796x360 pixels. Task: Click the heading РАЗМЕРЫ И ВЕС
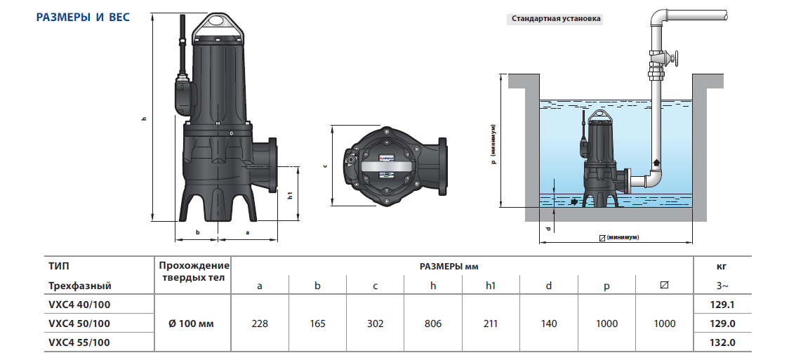tap(82, 17)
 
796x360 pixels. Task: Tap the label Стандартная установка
tap(556, 19)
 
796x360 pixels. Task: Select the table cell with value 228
tap(260, 324)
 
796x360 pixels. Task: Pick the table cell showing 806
tap(433, 324)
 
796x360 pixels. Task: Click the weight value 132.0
tap(722, 342)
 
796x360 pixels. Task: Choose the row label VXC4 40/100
tap(79, 305)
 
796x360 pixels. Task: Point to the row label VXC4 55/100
tap(79, 342)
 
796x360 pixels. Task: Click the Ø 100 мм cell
tap(191, 324)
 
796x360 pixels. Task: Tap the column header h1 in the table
tap(491, 286)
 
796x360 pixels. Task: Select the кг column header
tap(722, 266)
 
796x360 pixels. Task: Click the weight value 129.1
tap(722, 305)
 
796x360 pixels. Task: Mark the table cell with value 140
tap(549, 324)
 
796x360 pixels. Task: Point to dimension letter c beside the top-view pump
tap(324, 166)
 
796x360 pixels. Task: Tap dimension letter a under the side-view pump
tap(247, 231)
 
